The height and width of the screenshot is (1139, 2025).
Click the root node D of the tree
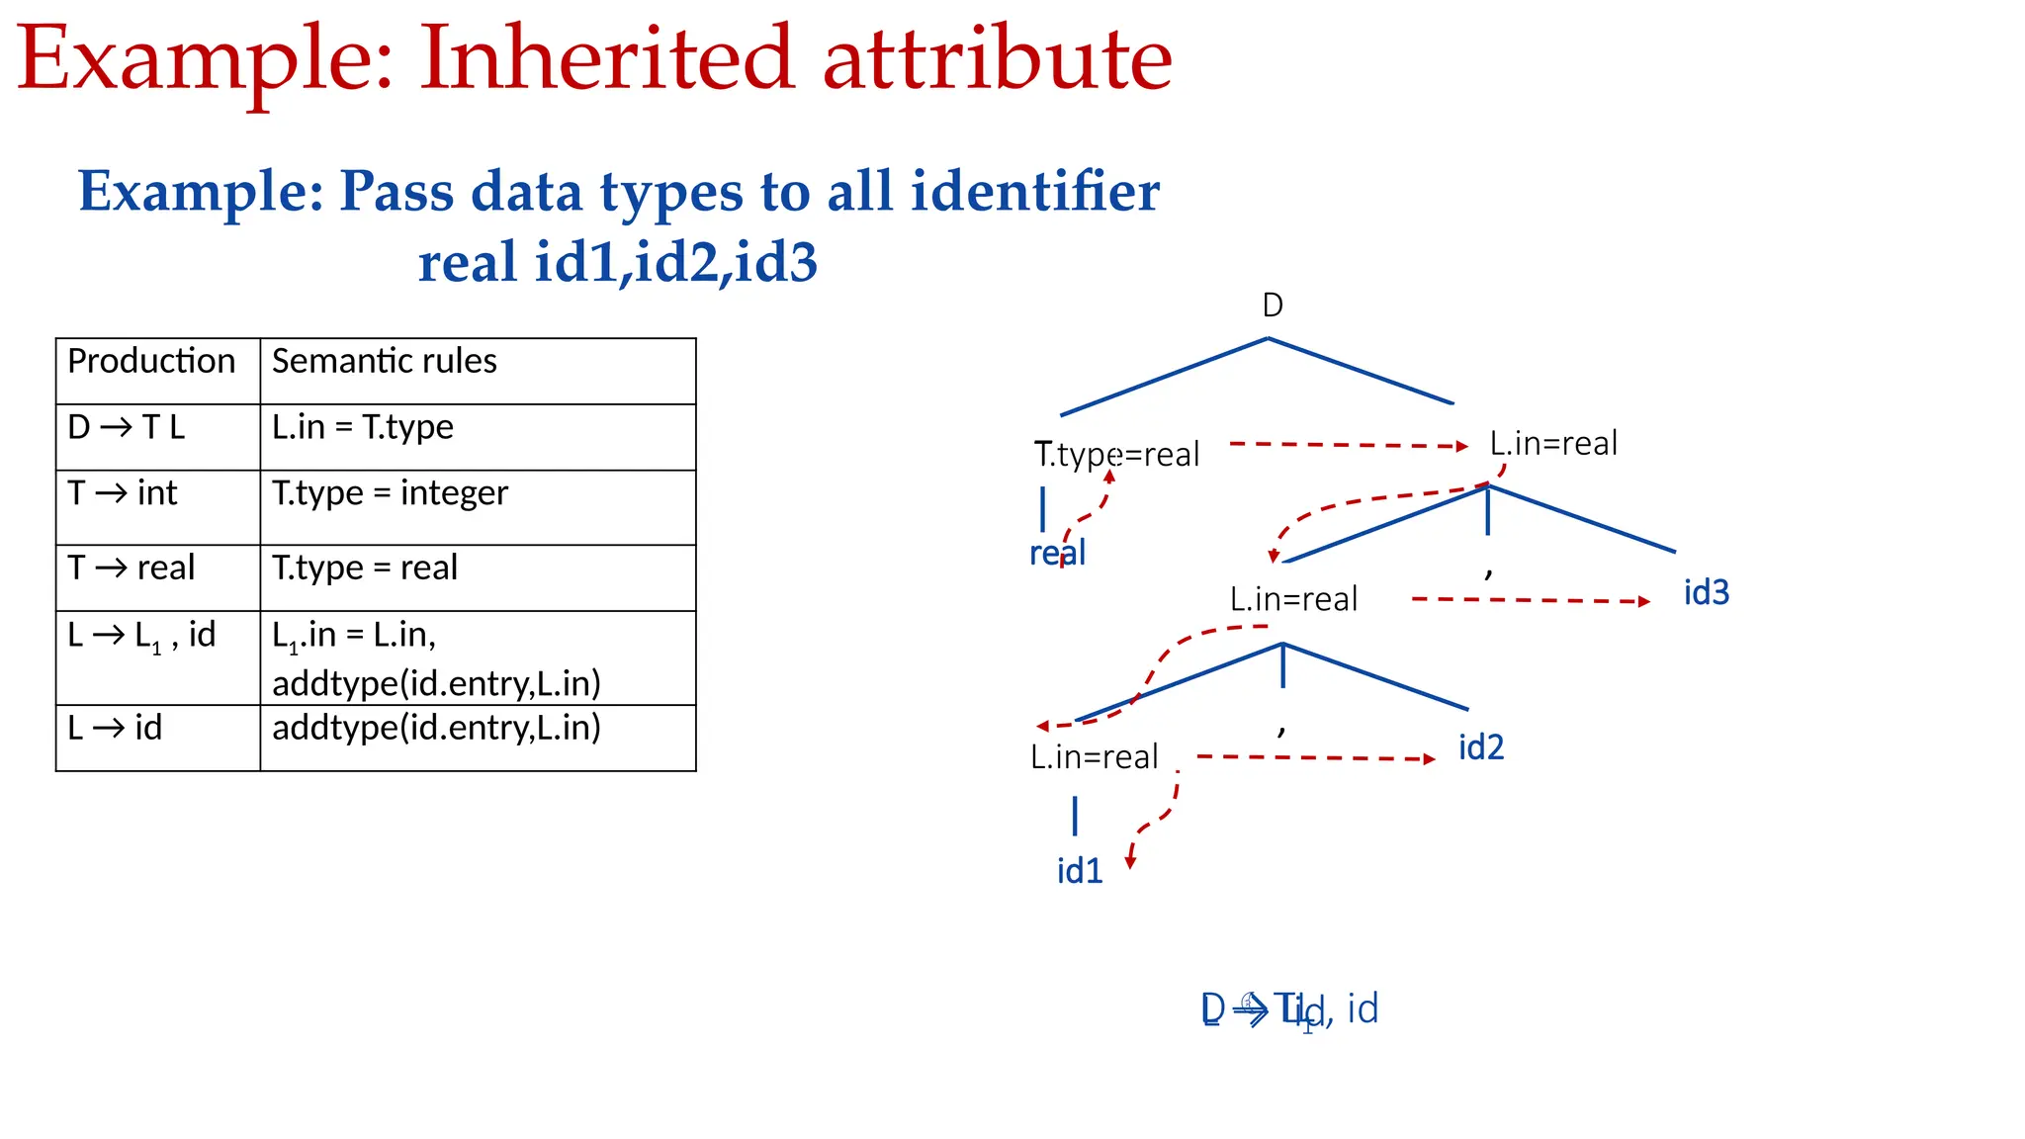[1273, 306]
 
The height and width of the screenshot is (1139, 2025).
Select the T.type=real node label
[1116, 454]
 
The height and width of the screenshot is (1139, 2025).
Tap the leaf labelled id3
[1706, 592]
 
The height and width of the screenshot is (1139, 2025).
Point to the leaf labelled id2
[1480, 747]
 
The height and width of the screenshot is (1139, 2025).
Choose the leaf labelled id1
[1079, 871]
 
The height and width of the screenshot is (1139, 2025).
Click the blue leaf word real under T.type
[1057, 553]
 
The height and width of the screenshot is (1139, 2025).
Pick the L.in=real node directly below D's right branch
[1553, 443]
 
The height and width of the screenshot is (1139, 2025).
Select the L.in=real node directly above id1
[1094, 756]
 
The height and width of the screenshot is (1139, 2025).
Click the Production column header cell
[151, 361]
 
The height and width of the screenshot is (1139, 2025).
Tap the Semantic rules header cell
[385, 361]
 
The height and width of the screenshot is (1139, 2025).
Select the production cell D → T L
[127, 427]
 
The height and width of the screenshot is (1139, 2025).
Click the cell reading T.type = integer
[390, 492]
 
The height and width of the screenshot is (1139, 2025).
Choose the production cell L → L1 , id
[141, 636]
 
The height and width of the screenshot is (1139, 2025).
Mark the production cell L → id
[115, 728]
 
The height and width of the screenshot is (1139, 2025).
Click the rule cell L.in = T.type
[363, 427]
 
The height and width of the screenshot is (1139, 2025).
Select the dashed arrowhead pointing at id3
[1643, 601]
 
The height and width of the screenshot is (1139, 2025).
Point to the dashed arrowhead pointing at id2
[1429, 759]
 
